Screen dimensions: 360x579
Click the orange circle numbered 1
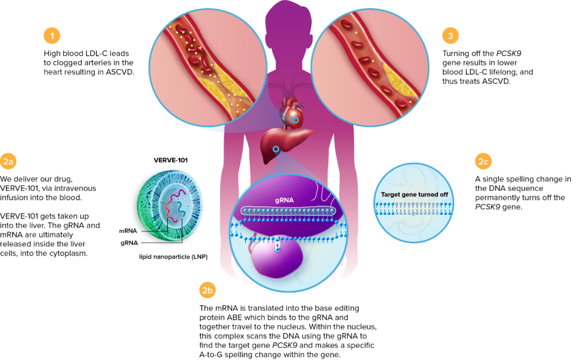coord(51,36)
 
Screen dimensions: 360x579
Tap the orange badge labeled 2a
coord(9,162)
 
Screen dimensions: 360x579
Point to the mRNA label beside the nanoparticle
coord(128,231)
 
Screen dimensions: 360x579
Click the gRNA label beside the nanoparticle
coord(128,243)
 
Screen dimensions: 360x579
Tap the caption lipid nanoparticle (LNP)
coord(173,257)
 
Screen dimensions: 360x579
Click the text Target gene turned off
coord(414,194)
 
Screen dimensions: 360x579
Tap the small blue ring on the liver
coord(276,149)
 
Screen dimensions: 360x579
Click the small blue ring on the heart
coord(295,121)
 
